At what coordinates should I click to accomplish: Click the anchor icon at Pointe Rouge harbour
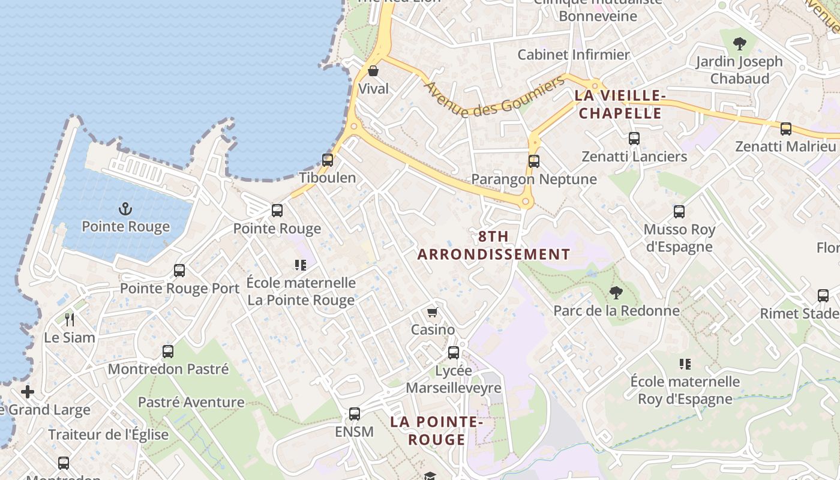pyautogui.click(x=125, y=209)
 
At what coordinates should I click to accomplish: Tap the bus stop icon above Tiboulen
pyautogui.click(x=328, y=160)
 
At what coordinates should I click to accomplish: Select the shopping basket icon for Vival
pyautogui.click(x=373, y=71)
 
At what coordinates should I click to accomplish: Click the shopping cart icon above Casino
pyautogui.click(x=432, y=312)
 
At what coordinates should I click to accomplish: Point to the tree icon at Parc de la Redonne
pyautogui.click(x=616, y=293)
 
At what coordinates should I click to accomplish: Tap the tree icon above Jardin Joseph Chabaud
pyautogui.click(x=740, y=43)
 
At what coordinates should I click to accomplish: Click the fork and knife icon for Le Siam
pyautogui.click(x=70, y=320)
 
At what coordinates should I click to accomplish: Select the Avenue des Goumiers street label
pyautogui.click(x=494, y=98)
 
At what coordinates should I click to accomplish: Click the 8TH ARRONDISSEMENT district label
pyautogui.click(x=494, y=245)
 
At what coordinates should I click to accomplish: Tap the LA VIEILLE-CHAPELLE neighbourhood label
pyautogui.click(x=620, y=104)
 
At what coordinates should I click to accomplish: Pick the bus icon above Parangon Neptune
pyautogui.click(x=534, y=161)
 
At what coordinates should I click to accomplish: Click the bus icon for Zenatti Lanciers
pyautogui.click(x=634, y=139)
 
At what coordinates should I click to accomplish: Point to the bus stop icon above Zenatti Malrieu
pyautogui.click(x=785, y=129)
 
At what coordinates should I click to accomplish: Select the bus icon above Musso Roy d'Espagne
pyautogui.click(x=679, y=212)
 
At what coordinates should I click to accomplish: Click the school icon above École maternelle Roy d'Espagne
pyautogui.click(x=685, y=364)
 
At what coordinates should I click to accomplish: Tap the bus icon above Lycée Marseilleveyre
pyautogui.click(x=454, y=353)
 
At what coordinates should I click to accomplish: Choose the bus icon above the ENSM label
pyautogui.click(x=355, y=414)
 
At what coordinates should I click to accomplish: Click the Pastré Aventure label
pyautogui.click(x=191, y=402)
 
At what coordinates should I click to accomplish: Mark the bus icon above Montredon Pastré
pyautogui.click(x=168, y=352)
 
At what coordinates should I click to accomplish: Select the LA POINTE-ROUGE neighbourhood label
pyautogui.click(x=437, y=431)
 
